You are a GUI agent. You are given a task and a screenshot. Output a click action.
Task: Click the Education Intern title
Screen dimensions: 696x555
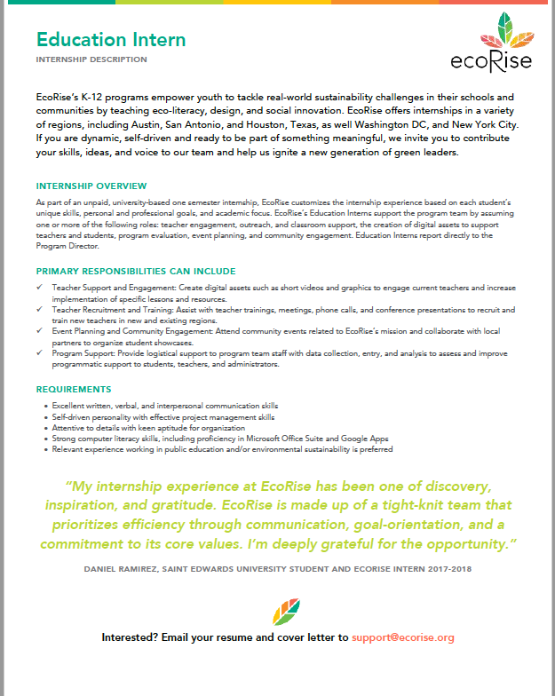(111, 40)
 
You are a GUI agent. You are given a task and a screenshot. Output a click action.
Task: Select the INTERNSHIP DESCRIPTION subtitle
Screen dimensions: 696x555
(91, 59)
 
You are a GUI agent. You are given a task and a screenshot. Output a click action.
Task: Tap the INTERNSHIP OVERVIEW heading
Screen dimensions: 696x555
(91, 186)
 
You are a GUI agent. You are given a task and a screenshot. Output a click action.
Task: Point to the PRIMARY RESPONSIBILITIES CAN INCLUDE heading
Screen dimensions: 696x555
(136, 271)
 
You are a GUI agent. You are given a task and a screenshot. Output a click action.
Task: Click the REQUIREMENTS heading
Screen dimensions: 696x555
(74, 389)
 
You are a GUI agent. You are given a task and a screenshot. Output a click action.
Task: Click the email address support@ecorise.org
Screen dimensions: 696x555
(403, 637)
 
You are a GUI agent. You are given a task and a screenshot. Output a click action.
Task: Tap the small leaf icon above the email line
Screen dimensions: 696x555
(285, 612)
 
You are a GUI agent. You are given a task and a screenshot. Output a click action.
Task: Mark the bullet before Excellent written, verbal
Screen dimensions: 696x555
(45, 406)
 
